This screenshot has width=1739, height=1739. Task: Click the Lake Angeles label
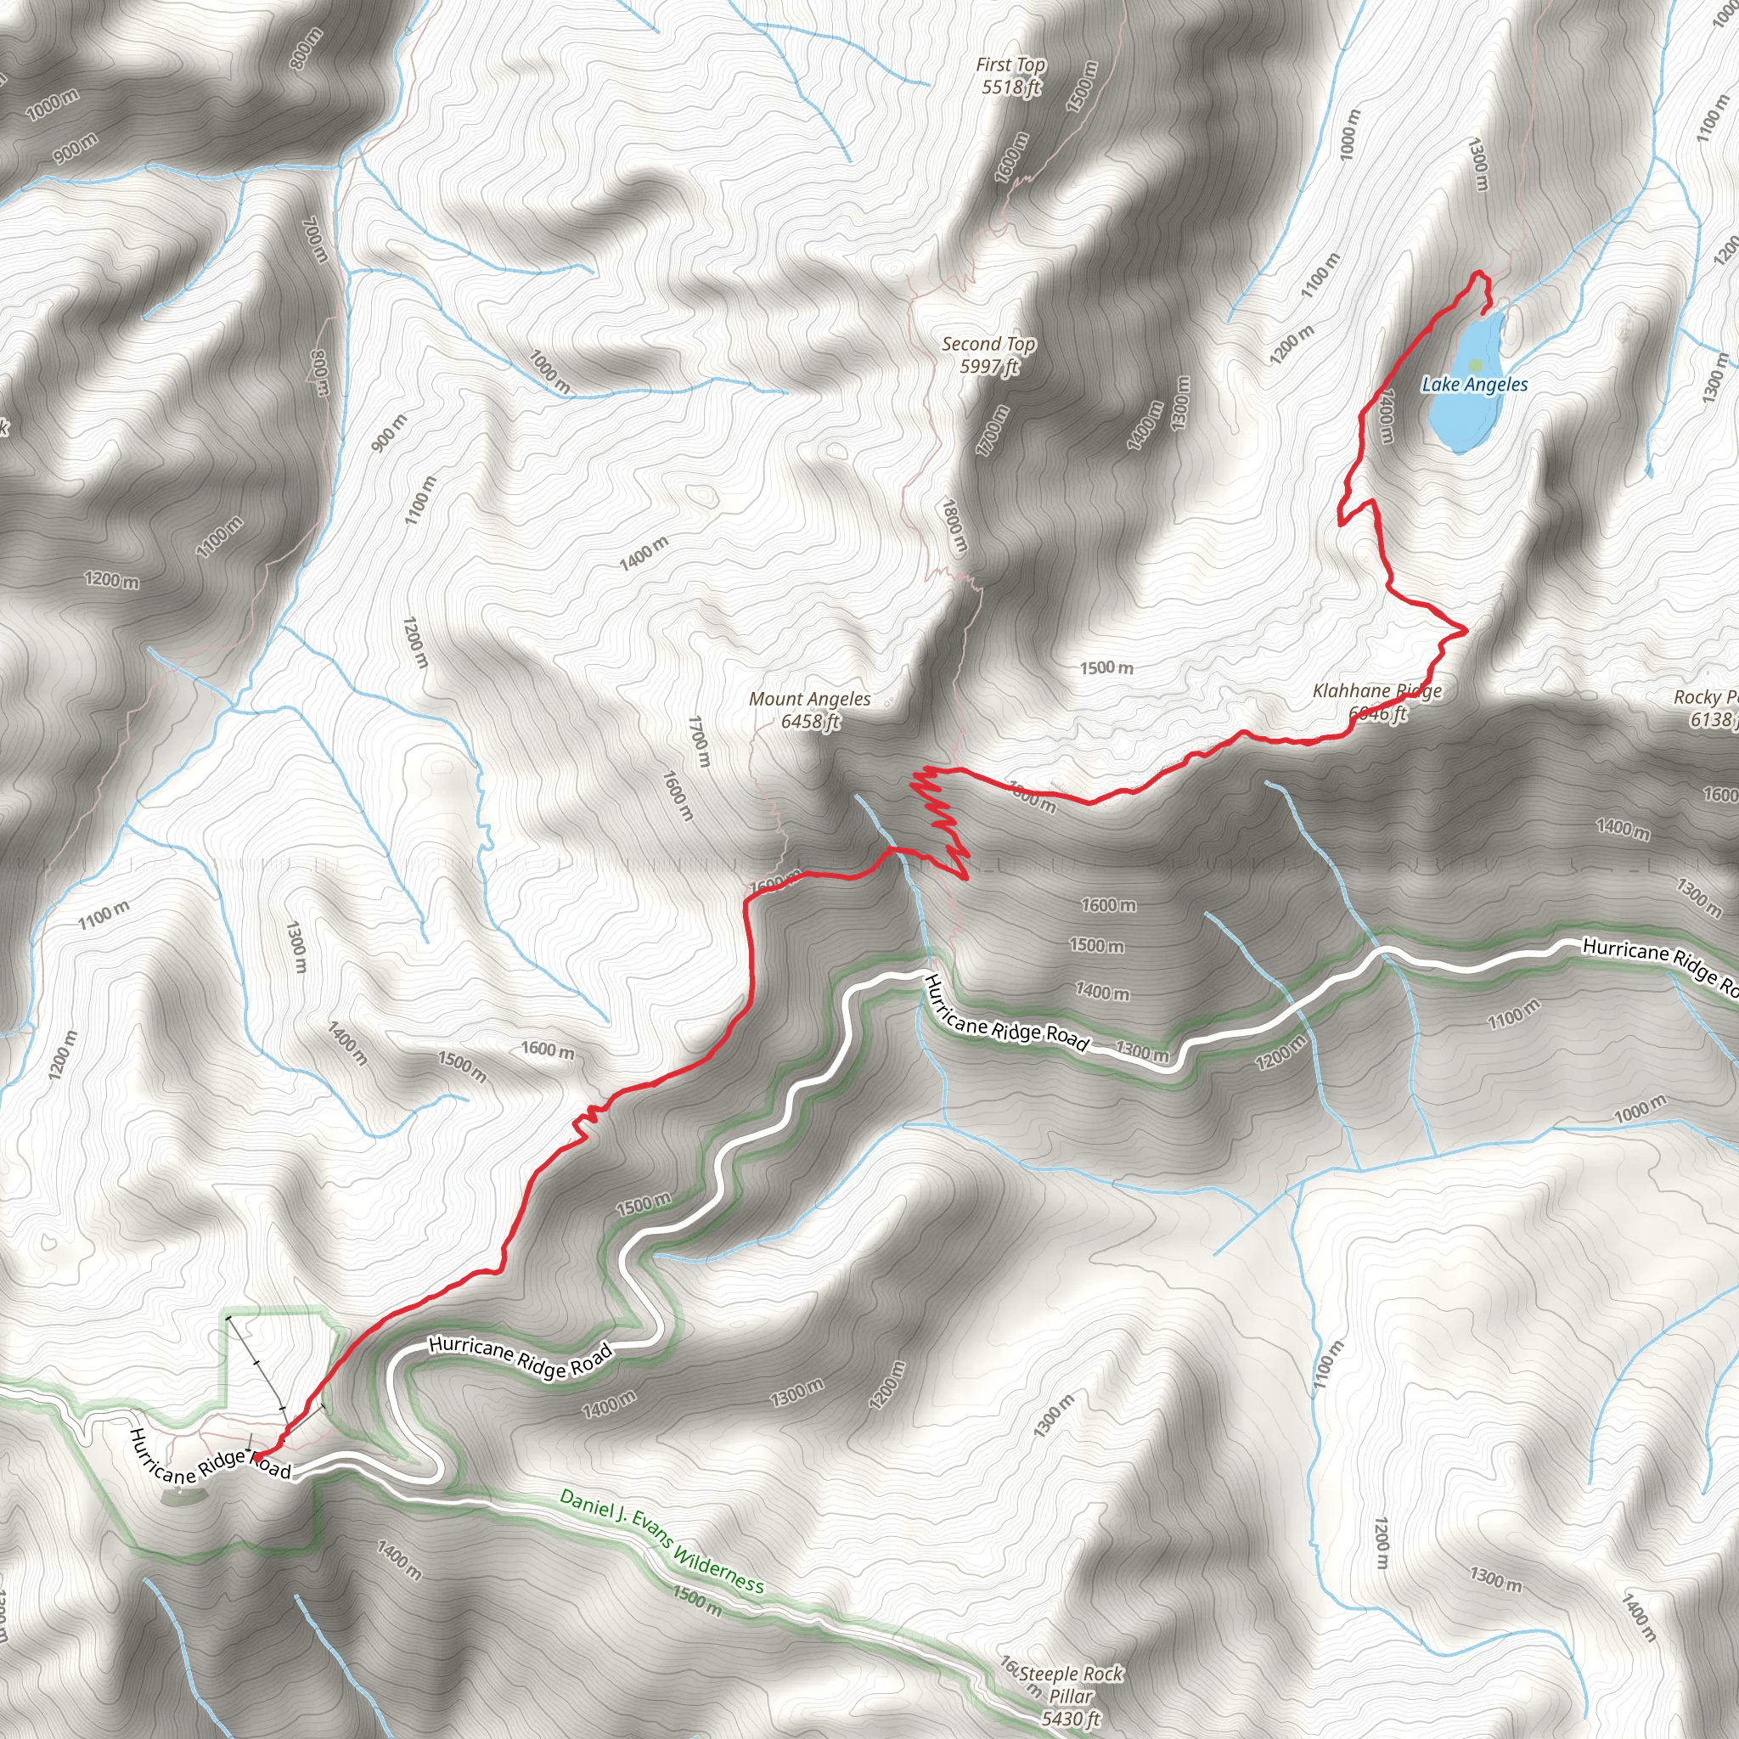pos(1474,385)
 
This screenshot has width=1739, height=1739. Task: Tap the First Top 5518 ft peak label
pos(1010,76)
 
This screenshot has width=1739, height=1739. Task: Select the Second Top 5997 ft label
pos(988,355)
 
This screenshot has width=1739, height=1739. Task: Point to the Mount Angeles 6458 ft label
pos(810,709)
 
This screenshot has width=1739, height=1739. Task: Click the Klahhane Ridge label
pos(1377,691)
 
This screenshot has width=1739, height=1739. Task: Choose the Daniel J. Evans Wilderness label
pos(661,1540)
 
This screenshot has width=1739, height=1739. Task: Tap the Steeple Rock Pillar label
pos(1070,1696)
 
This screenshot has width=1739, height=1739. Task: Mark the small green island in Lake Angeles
pos(1474,364)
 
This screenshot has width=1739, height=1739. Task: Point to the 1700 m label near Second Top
pos(993,431)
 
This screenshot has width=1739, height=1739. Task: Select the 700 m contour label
pos(314,239)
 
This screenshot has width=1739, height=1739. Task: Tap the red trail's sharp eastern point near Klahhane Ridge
pos(1466,629)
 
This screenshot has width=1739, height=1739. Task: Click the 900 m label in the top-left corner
pos(76,148)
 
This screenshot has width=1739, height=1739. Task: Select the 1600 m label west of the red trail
pos(548,1050)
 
